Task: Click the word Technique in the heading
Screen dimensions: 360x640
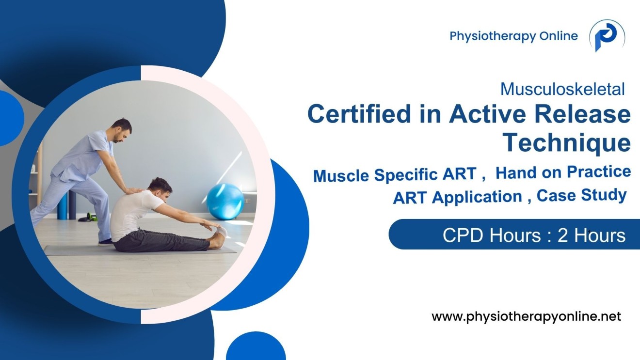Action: [x=566, y=143]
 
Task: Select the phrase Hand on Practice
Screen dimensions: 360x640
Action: [x=563, y=172]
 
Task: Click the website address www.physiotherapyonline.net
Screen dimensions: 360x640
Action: [x=526, y=317]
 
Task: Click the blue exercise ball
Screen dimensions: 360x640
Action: [x=225, y=201]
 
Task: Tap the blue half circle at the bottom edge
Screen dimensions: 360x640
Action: [x=256, y=349]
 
